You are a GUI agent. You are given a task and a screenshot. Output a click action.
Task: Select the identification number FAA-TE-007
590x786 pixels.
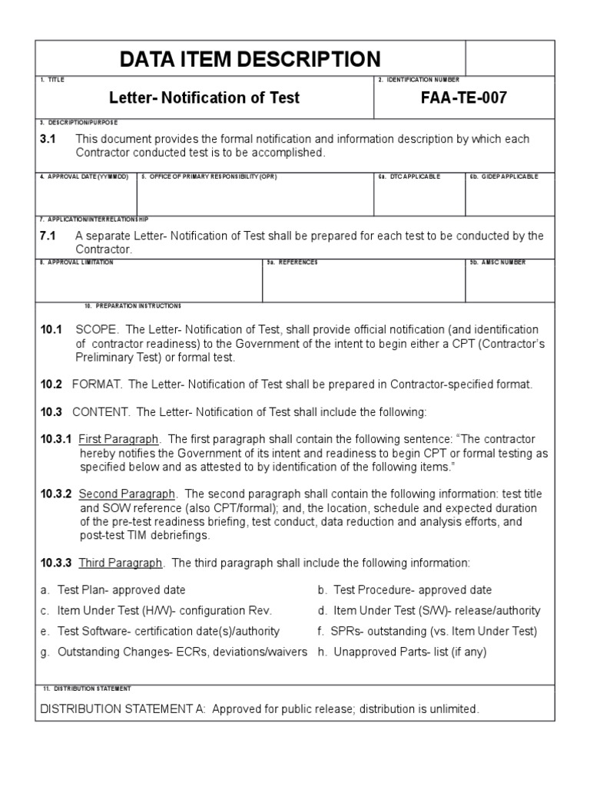click(x=463, y=98)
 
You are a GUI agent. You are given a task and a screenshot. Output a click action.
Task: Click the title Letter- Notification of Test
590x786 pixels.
click(x=204, y=98)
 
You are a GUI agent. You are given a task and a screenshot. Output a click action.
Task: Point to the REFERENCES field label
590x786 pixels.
click(x=292, y=262)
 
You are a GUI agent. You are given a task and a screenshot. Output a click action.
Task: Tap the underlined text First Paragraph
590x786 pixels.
click(x=119, y=439)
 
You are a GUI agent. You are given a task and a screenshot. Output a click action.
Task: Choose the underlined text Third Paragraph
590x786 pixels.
click(x=121, y=563)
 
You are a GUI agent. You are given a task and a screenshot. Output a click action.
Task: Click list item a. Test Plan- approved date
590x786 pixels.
click(x=113, y=589)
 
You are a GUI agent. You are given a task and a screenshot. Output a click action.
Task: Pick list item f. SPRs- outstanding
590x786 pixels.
click(x=427, y=631)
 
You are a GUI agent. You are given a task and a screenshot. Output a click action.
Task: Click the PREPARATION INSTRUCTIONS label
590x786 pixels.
click(x=134, y=305)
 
